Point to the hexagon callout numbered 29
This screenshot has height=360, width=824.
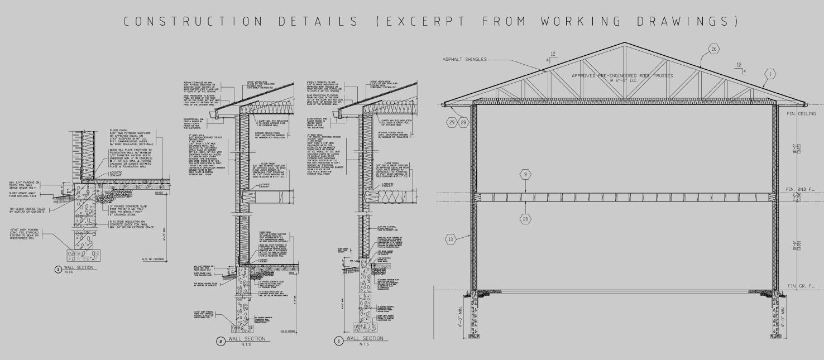click(x=451, y=122)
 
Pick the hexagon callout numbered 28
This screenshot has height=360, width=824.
click(x=463, y=122)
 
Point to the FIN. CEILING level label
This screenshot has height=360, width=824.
click(x=804, y=114)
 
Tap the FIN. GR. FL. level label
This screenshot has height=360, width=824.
click(x=804, y=286)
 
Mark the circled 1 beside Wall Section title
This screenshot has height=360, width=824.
click(x=338, y=339)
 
